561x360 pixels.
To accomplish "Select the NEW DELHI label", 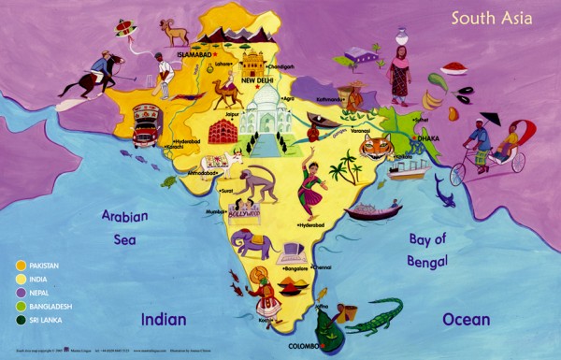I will tap(261, 80).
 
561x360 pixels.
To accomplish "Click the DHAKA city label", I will tap(427, 138).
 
